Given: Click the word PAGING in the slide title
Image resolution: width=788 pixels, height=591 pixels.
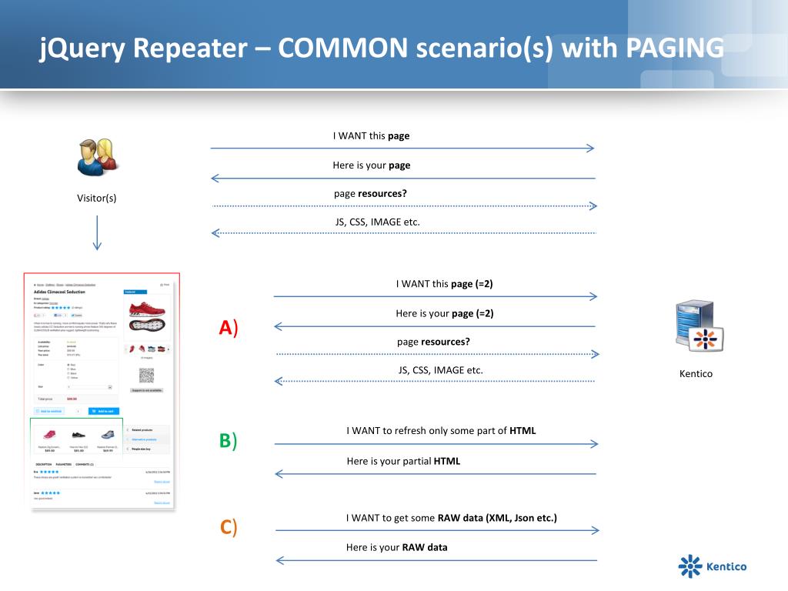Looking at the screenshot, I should point(674,48).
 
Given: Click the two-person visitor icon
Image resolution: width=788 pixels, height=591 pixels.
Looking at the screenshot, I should point(97,157).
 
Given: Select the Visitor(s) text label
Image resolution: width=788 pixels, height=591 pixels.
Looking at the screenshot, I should point(97,199).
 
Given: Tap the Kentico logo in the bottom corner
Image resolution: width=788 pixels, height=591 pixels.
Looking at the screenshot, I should point(712,566).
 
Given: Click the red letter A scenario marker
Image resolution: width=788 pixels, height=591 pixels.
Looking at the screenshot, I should point(225,328).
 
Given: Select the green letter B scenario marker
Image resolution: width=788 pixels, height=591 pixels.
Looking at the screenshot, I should point(225,440).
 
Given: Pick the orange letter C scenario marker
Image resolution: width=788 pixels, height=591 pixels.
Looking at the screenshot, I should point(226,527).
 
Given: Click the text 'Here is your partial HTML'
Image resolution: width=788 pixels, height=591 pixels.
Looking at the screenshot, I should point(403,461).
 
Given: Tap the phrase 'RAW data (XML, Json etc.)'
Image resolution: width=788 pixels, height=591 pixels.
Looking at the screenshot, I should point(497,518).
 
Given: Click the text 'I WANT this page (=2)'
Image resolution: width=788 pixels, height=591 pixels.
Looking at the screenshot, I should point(444,284).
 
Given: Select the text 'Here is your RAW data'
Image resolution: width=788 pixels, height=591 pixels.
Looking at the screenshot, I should point(396,548).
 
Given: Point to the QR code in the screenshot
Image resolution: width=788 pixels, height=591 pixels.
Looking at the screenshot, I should point(145,375).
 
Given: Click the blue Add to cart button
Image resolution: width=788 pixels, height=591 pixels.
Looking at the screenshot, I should point(103,412).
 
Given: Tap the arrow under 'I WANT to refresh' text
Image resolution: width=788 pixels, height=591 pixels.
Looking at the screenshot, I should point(436,444).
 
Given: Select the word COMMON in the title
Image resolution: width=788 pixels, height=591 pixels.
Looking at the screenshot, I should point(342,48).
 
